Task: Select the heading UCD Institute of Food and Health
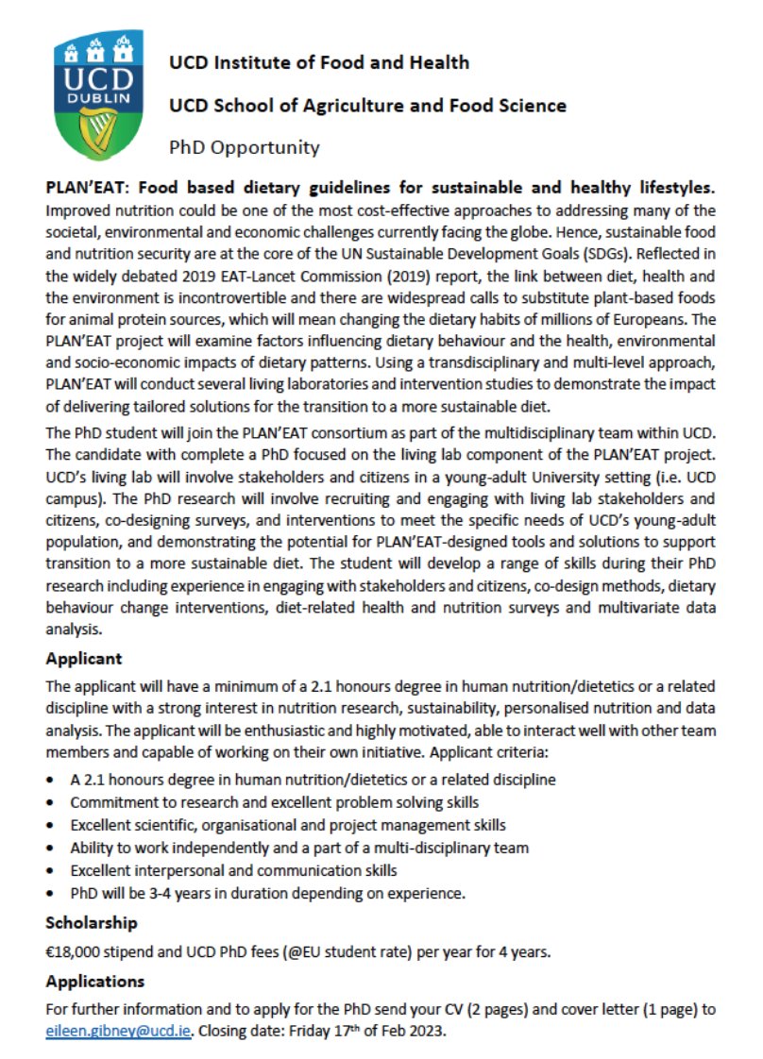tap(318, 63)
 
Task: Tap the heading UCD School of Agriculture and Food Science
tap(367, 105)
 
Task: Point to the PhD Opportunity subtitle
tap(244, 147)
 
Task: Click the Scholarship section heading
tap(92, 922)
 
